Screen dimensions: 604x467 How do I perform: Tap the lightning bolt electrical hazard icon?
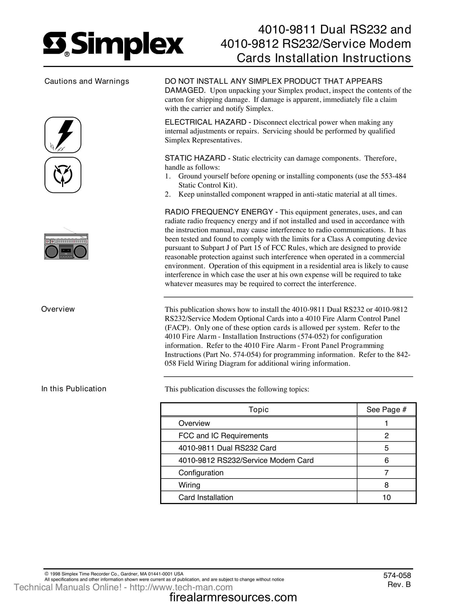[63, 135]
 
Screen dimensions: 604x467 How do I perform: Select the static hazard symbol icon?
[63, 175]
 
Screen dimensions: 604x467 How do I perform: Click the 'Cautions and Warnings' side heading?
[87, 81]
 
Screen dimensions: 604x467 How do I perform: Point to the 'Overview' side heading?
[58, 309]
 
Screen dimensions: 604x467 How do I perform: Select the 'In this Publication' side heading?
[74, 389]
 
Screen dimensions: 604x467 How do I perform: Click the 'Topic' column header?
[258, 410]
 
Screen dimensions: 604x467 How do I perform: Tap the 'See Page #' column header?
[386, 410]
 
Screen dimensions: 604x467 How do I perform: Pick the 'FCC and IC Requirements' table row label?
[223, 436]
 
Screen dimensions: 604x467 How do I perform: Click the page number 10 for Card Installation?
[386, 497]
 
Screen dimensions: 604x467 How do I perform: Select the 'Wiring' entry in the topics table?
[189, 485]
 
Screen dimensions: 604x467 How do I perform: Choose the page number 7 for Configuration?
[386, 473]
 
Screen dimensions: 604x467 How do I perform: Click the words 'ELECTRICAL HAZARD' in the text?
[205, 122]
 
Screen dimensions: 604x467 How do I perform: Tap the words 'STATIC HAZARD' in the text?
[195, 158]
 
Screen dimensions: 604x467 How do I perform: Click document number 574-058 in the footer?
[397, 575]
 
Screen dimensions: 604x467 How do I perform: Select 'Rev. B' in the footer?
[399, 584]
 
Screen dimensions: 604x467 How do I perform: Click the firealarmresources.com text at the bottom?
[233, 597]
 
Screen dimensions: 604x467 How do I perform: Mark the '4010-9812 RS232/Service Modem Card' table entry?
[246, 460]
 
